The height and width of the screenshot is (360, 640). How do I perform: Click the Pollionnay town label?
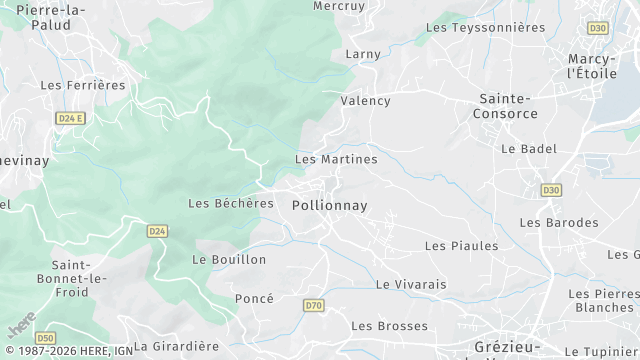click(x=329, y=205)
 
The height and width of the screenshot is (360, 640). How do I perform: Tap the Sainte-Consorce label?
click(x=508, y=106)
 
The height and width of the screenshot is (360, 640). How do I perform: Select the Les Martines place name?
click(x=336, y=159)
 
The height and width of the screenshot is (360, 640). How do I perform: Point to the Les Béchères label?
click(x=230, y=203)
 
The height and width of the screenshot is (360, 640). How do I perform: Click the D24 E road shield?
click(x=69, y=118)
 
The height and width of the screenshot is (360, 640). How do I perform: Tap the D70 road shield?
click(x=314, y=305)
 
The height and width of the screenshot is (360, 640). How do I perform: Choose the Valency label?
click(x=365, y=101)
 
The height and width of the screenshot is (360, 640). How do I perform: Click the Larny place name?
click(x=364, y=53)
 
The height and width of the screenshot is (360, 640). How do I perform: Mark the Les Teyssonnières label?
click(x=485, y=28)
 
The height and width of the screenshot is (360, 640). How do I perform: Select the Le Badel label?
click(x=528, y=149)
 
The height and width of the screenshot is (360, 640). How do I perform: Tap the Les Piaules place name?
click(x=461, y=246)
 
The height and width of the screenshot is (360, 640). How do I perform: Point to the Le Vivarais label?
click(x=411, y=284)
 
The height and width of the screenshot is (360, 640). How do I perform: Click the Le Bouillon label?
click(x=229, y=259)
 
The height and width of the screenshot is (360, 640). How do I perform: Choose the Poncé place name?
click(x=254, y=299)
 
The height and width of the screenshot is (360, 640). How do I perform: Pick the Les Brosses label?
click(x=389, y=326)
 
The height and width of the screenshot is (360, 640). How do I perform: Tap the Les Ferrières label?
click(x=83, y=85)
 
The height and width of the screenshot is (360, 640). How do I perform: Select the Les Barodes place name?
click(x=558, y=222)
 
